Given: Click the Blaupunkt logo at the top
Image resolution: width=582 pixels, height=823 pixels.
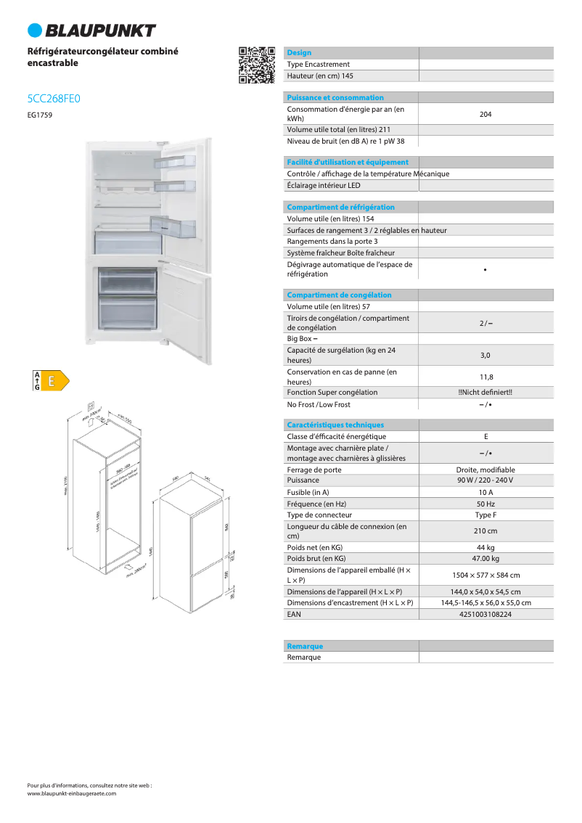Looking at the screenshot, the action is click(91, 30).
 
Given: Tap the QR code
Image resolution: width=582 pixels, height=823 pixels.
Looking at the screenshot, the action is click(257, 65).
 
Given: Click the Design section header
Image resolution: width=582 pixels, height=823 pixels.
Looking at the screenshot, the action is click(299, 53).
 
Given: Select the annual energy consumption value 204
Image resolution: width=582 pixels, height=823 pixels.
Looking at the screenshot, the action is click(485, 114).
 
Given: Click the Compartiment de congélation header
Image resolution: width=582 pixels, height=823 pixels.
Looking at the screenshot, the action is click(339, 295).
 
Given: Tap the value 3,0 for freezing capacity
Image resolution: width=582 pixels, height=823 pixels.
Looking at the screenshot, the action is click(485, 355).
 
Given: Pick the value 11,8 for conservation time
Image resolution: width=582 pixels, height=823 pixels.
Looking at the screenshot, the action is click(485, 377).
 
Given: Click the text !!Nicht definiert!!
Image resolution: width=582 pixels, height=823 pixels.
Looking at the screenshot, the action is click(485, 393).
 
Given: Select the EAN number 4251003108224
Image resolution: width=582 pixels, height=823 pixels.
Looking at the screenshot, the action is click(485, 614).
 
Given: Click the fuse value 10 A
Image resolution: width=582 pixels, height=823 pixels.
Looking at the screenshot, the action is click(485, 492).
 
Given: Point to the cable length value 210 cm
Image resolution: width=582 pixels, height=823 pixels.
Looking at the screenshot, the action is click(485, 531).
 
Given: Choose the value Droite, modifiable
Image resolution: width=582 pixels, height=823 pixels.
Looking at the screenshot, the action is click(485, 470).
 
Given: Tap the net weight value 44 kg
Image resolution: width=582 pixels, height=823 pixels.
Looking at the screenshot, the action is click(485, 547).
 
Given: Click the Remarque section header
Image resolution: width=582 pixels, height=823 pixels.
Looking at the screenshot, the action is click(305, 646).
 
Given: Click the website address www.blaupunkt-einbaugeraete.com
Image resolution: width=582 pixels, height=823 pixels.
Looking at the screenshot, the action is click(71, 793).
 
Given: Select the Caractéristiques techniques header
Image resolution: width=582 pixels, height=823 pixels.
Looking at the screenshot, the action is click(335, 425).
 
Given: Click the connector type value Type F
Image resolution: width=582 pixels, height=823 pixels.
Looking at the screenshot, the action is click(485, 515).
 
